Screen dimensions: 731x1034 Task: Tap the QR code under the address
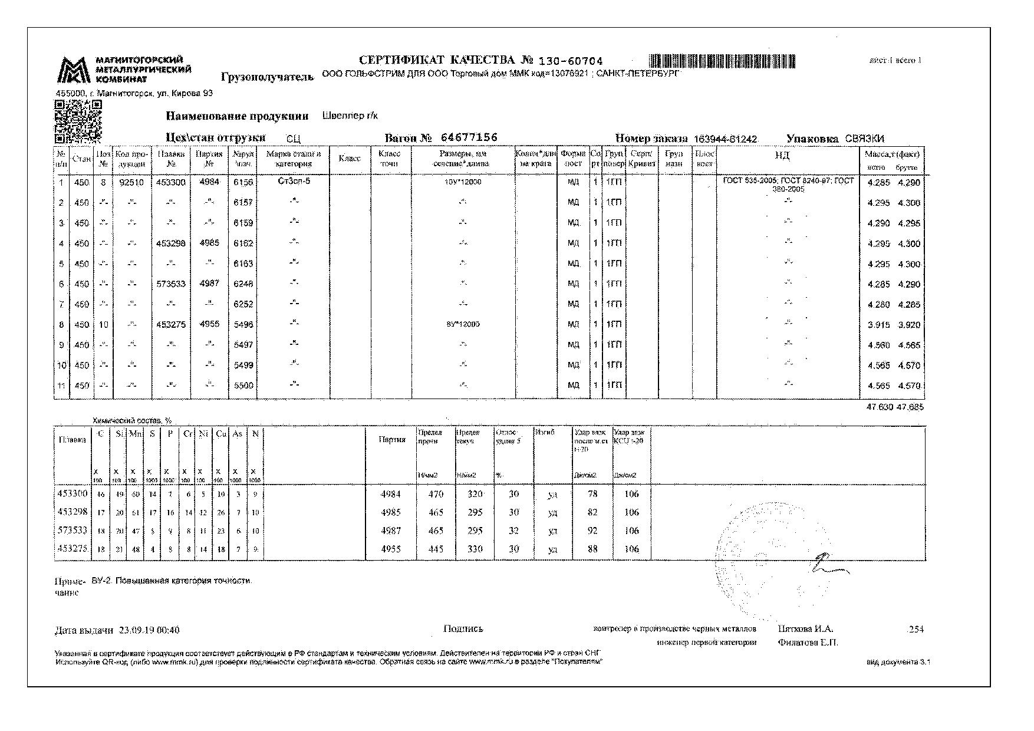78,122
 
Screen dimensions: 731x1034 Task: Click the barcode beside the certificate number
723,61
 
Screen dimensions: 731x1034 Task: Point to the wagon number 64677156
469,137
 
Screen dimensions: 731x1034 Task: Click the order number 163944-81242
725,139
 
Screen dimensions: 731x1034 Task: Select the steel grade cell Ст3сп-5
294,182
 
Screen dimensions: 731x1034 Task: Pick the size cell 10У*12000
463,182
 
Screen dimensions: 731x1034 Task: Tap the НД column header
782,156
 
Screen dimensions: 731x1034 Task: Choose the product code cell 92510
131,182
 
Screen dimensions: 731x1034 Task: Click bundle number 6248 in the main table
243,284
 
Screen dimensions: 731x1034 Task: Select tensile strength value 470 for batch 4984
435,494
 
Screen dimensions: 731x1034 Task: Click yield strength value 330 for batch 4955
475,549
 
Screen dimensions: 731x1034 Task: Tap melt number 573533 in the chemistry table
72,531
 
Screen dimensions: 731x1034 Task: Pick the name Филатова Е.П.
808,643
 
